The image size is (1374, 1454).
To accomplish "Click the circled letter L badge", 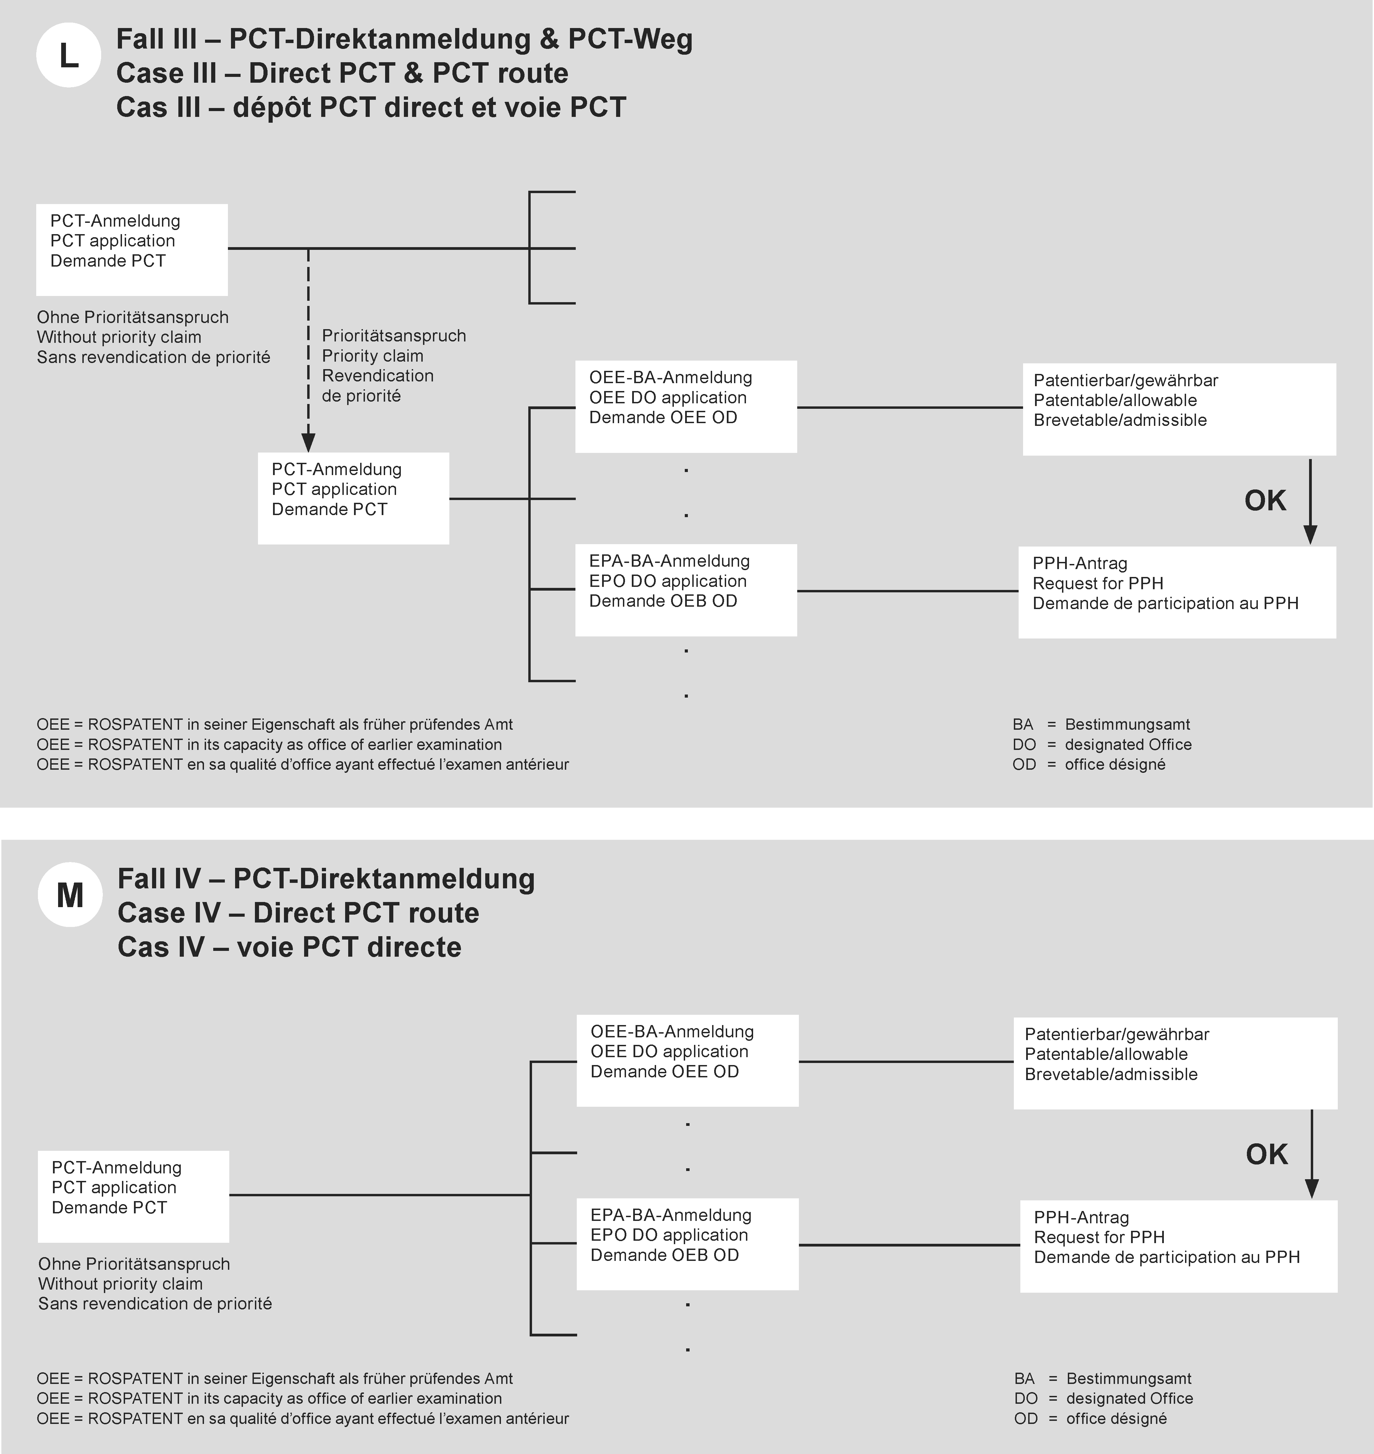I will [68, 56].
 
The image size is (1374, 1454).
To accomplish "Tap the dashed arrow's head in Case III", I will [308, 442].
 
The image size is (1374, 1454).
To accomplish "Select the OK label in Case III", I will [1265, 501].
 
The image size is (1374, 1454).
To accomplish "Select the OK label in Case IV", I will [1266, 1154].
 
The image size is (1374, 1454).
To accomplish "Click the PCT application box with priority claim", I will [353, 498].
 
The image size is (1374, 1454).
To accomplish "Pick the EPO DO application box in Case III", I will [685, 590].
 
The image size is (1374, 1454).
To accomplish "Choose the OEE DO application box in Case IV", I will [687, 1060].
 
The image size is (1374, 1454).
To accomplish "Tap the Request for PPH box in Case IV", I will [1178, 1246].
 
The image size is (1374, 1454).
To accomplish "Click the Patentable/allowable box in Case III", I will [1179, 409].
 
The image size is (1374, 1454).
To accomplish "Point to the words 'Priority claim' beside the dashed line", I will [373, 356].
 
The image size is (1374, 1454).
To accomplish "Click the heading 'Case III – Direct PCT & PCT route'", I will [342, 73].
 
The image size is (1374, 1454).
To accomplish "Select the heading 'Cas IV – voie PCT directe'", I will [289, 947].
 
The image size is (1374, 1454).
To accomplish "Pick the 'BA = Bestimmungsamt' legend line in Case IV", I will [1103, 1378].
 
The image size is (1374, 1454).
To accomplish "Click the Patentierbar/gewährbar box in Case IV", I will [1175, 1063].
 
